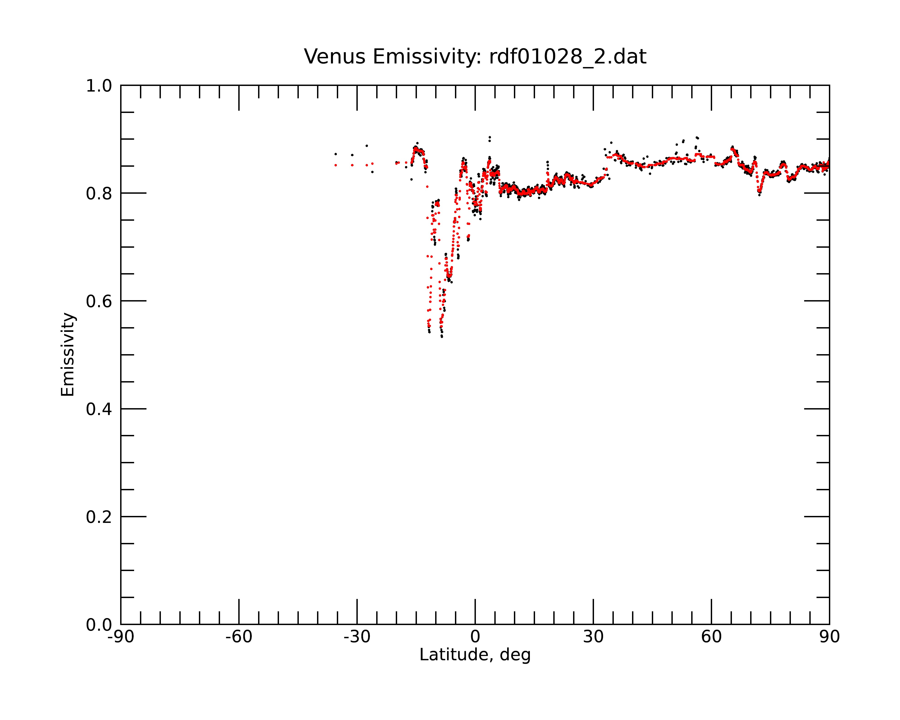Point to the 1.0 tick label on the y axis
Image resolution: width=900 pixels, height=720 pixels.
(99, 86)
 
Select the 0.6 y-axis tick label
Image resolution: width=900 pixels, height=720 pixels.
(99, 301)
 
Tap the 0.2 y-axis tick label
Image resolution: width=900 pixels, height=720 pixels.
(99, 517)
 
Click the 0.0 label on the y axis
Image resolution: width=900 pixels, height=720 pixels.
(99, 625)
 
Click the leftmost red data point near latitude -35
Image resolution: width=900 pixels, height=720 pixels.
(336, 165)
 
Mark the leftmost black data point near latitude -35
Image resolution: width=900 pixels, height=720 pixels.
(336, 154)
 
